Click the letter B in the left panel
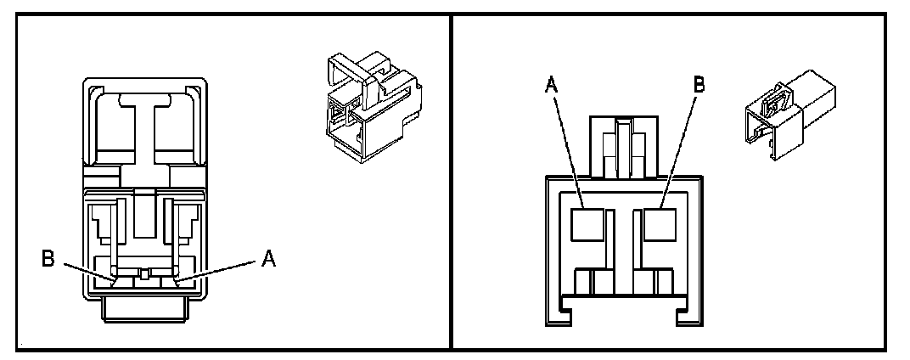[x=49, y=256]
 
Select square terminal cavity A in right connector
[x=587, y=224]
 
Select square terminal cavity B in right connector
[x=659, y=224]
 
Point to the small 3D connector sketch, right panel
[x=791, y=119]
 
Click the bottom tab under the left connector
[x=144, y=309]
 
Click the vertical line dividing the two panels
[x=450, y=180]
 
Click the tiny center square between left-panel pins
[x=146, y=273]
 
